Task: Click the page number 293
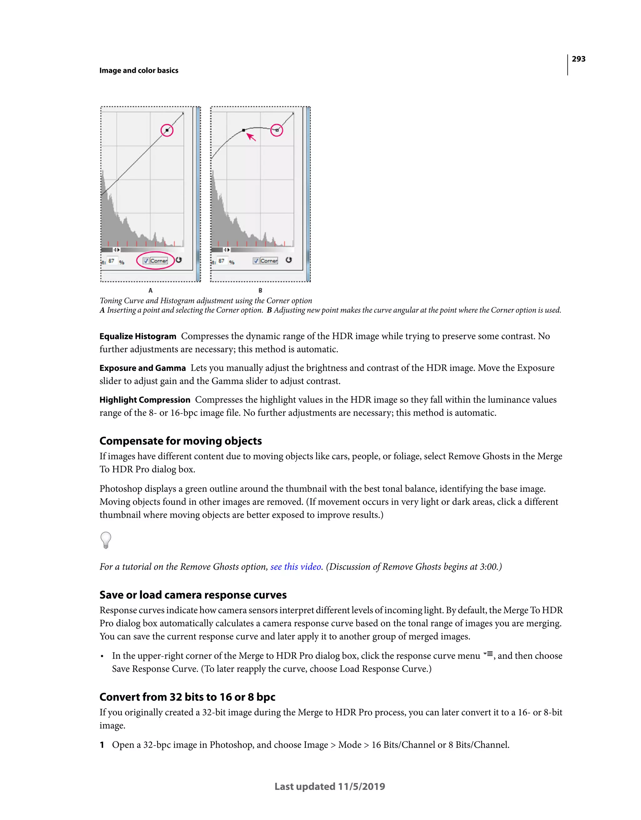(578, 59)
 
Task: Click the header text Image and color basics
(139, 71)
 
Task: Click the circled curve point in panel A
(167, 130)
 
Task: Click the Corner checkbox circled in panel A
(146, 261)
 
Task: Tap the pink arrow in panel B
(251, 137)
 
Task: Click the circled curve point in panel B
(277, 130)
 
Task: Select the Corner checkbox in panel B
(256, 261)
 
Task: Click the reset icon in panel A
(179, 260)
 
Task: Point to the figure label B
(260, 290)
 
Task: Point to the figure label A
(150, 290)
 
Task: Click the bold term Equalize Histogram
(137, 336)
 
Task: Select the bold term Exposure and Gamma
(142, 368)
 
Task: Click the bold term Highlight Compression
(145, 400)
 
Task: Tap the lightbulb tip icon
(106, 540)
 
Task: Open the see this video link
(295, 566)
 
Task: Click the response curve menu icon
(488, 654)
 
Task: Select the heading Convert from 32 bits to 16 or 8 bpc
(187, 697)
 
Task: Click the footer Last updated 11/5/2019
(329, 787)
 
